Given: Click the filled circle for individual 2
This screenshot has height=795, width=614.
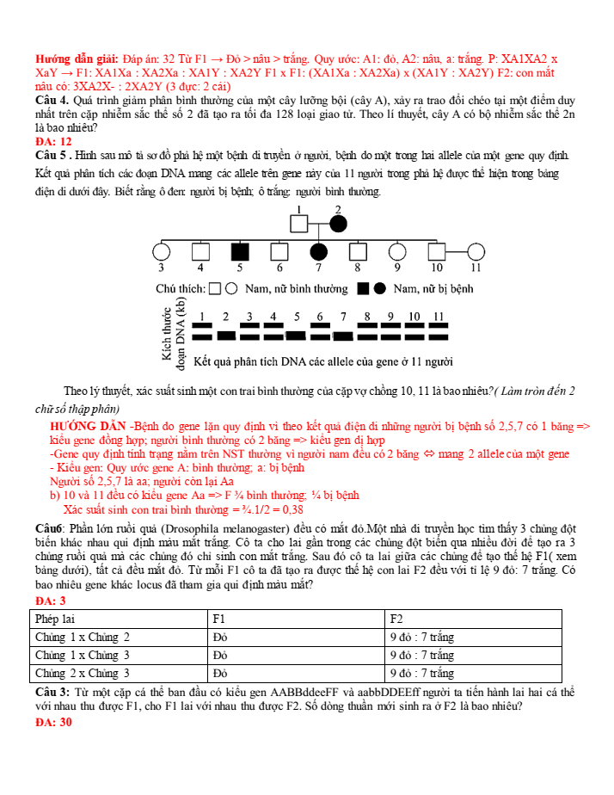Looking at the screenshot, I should [338, 224].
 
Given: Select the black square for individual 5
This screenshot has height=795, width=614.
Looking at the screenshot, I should [240, 252].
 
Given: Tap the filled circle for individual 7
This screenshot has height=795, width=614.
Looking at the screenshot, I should [319, 252].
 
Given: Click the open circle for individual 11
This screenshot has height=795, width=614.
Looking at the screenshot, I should [476, 252].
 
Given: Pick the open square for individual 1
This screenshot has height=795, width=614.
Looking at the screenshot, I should [298, 224].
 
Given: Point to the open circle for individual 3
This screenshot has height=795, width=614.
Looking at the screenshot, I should [161, 252].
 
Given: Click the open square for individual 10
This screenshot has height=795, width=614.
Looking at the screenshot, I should [437, 252].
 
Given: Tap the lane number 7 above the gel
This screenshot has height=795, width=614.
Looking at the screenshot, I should [343, 317].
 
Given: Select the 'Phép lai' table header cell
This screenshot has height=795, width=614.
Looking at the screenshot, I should [54, 619].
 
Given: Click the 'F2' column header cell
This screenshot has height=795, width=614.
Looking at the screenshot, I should [396, 619].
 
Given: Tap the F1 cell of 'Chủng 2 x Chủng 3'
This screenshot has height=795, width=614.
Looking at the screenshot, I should [221, 674].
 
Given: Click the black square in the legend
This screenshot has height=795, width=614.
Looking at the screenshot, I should [364, 289].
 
